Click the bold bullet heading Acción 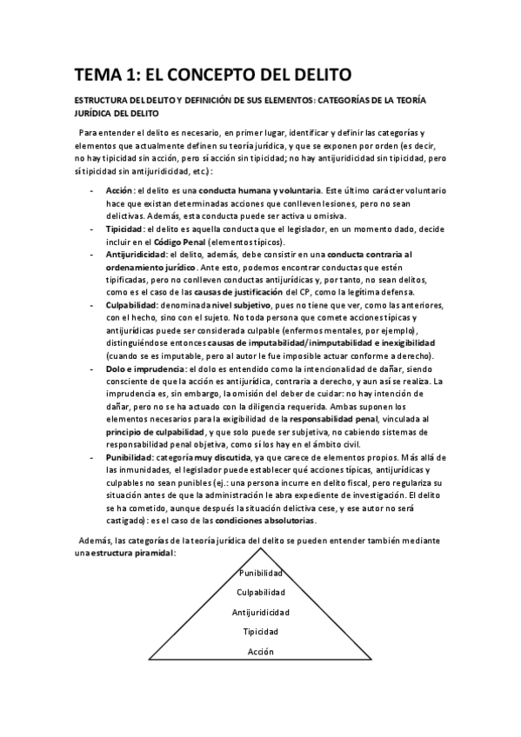tap(118, 189)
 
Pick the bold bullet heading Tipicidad tap(124, 228)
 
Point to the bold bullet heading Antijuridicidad tap(137, 254)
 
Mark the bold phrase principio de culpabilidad tap(153, 432)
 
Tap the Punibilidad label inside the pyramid tap(261, 574)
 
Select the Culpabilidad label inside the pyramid tap(261, 593)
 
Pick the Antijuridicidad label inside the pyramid tap(261, 612)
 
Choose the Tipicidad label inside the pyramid tap(261, 631)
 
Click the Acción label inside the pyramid tap(261, 651)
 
